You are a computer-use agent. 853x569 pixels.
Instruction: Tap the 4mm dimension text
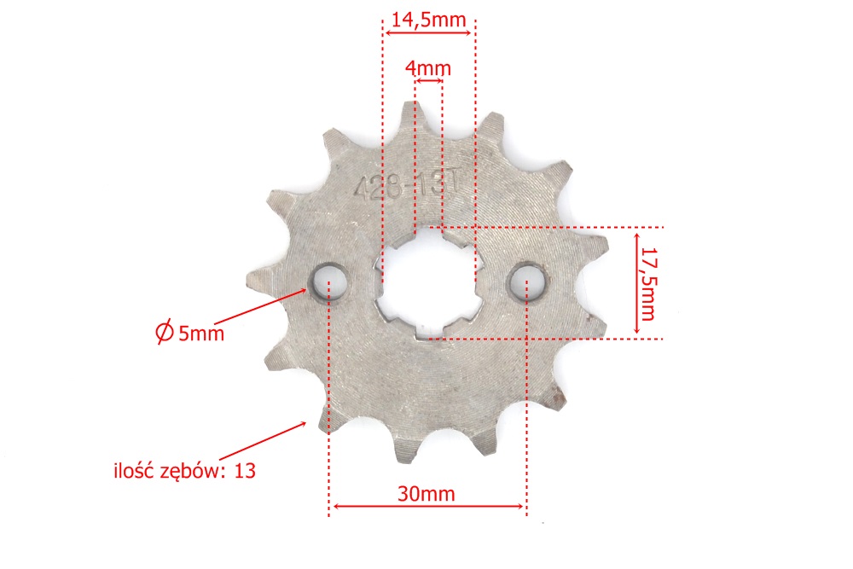click(x=428, y=67)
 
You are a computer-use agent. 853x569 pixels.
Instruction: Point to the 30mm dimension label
click(x=427, y=493)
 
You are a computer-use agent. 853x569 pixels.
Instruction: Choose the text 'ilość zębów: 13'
click(x=184, y=470)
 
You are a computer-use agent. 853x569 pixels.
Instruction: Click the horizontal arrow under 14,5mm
click(x=428, y=33)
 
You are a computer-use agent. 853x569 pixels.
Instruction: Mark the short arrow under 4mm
click(x=429, y=80)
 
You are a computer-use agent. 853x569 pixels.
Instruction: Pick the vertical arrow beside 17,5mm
click(x=635, y=283)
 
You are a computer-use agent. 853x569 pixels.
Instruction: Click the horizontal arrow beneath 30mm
click(x=427, y=507)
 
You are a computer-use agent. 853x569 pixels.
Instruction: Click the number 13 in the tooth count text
click(x=244, y=470)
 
